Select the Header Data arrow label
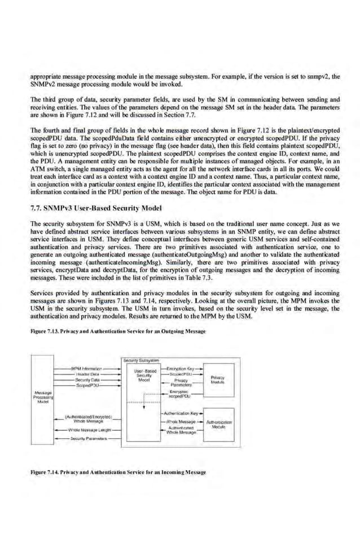(86, 373)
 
